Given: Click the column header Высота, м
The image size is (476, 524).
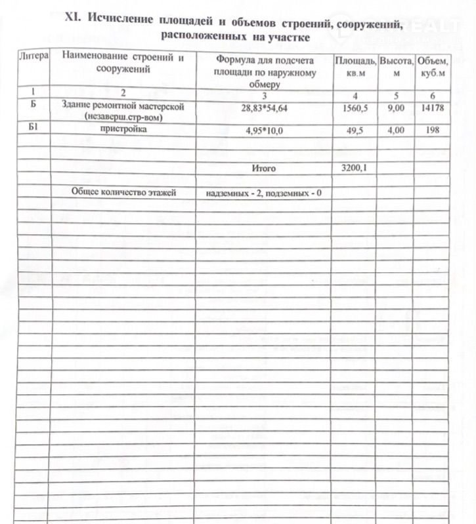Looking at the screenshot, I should (x=396, y=67).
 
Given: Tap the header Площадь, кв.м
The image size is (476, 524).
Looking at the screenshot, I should (x=355, y=67).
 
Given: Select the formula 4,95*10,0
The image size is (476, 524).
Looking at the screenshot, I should (x=264, y=131).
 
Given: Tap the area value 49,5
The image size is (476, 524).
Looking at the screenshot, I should (x=354, y=131).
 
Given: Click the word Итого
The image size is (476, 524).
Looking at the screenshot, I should (x=264, y=169).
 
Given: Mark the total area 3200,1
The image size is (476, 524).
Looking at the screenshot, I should (x=354, y=169).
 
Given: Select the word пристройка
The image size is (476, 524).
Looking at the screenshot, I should (x=120, y=130).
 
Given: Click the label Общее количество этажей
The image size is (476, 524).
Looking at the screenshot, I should (x=120, y=193).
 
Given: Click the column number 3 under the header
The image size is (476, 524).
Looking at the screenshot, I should (x=264, y=96).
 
